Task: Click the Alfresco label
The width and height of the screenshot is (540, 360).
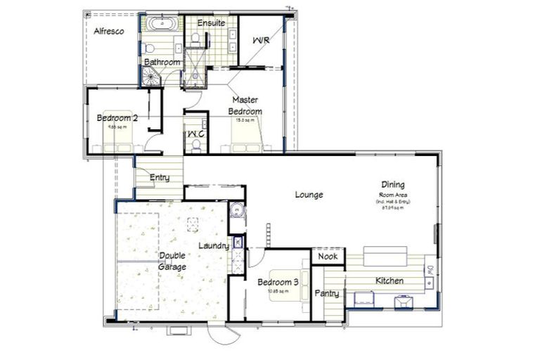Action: point(109,31)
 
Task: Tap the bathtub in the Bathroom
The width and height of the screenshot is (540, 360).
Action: point(162,25)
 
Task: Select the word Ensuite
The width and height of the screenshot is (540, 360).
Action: point(211,22)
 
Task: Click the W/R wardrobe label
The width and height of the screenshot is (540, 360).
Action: point(261,41)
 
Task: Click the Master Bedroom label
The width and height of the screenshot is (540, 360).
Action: point(247,105)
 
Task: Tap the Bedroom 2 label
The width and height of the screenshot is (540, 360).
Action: point(117,118)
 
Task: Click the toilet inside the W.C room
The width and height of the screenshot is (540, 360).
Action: point(197,145)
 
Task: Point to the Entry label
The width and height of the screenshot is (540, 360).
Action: point(160,177)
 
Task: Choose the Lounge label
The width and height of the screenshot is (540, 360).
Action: point(309,195)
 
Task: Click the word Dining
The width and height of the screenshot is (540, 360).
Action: point(393,184)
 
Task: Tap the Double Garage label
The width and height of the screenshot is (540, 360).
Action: point(172,261)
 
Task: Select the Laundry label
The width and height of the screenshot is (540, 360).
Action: point(214,246)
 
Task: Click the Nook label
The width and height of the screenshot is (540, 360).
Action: point(328,257)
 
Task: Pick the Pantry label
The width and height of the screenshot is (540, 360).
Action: point(327,293)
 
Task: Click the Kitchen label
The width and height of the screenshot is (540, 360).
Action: point(389,281)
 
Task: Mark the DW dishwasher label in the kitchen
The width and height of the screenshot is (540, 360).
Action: point(428,269)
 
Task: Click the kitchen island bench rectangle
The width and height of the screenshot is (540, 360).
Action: point(385,255)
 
